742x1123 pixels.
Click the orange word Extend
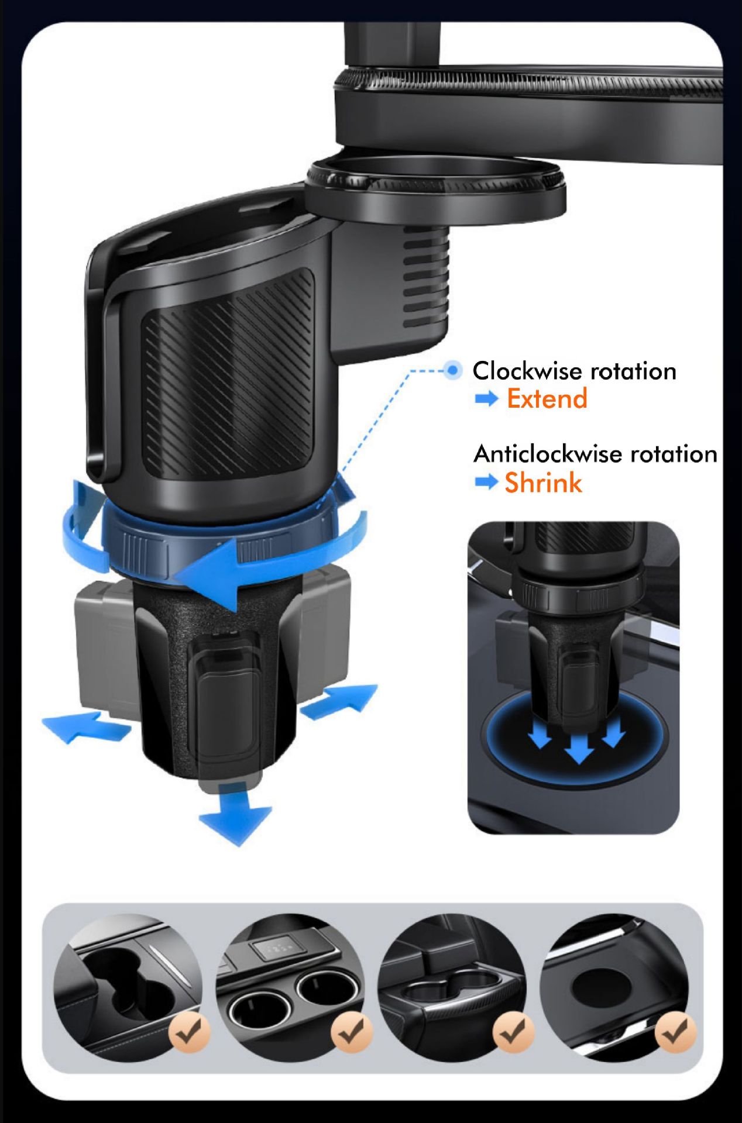click(x=547, y=399)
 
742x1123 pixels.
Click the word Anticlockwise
click(x=541, y=454)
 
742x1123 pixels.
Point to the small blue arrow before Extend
click(x=486, y=399)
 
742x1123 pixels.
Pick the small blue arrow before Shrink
click(x=486, y=483)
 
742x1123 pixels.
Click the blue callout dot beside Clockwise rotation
click(x=452, y=370)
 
